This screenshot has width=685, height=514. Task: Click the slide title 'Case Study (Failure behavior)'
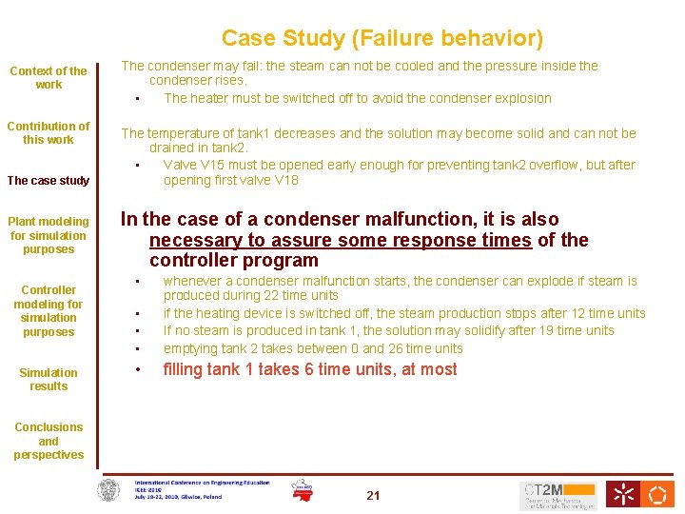pyautogui.click(x=382, y=38)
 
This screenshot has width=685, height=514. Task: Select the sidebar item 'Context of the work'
pyautogui.click(x=49, y=77)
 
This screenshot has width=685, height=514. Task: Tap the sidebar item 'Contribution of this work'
pyautogui.click(x=49, y=132)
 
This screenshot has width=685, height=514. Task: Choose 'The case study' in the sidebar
pyautogui.click(x=49, y=181)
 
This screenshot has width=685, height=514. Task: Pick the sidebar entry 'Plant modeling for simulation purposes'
pyautogui.click(x=49, y=235)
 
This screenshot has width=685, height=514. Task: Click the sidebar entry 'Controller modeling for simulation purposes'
pyautogui.click(x=49, y=310)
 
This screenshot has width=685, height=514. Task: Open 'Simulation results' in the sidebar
pyautogui.click(x=49, y=379)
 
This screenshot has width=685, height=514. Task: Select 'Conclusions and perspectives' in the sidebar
pyautogui.click(x=49, y=441)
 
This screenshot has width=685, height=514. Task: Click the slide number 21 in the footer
pyautogui.click(x=373, y=495)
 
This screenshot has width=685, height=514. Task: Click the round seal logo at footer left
pyautogui.click(x=111, y=491)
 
